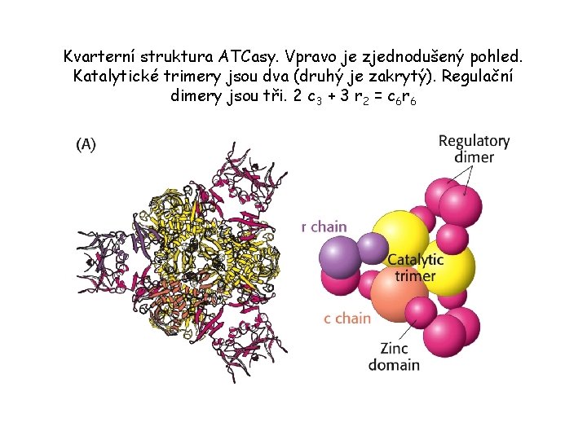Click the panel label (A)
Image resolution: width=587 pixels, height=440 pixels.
coord(86,144)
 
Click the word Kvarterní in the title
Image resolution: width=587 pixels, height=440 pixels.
coord(98,57)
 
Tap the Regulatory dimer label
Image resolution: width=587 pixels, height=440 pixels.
coord(474,148)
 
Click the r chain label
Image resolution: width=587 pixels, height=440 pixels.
coord(324,227)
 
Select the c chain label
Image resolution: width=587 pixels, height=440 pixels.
coord(347,318)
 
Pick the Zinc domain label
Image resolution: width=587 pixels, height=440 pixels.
coord(394,356)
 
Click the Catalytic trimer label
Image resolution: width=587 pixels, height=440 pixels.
coord(415,268)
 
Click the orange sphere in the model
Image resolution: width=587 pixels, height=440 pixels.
coord(398,292)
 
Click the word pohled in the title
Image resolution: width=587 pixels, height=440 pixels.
coord(498,57)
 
